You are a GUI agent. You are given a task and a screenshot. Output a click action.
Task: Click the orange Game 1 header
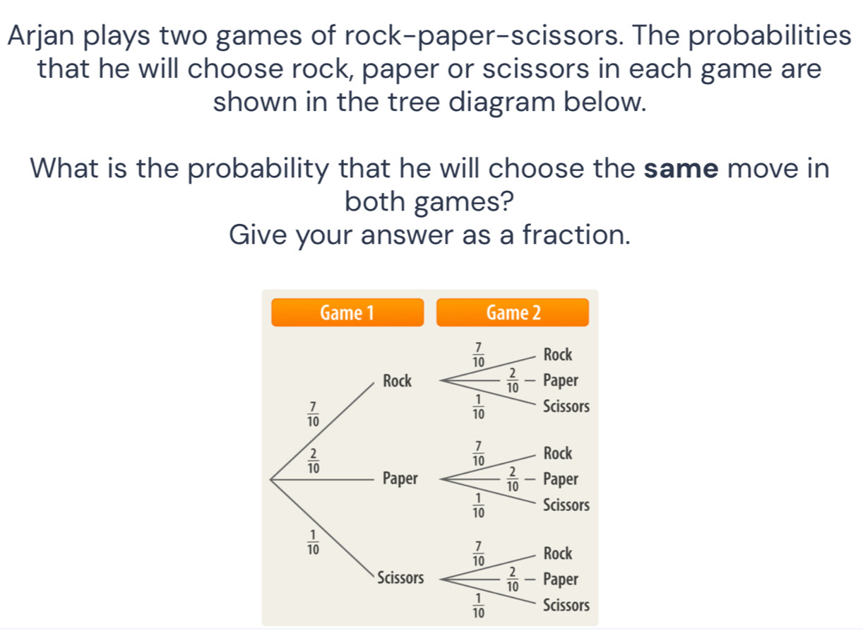point(347,312)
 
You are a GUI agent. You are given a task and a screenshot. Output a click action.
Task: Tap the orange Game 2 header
point(513,312)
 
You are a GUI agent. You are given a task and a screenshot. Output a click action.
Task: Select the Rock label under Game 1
point(396,381)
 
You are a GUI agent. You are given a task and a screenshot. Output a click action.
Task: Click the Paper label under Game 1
point(400,479)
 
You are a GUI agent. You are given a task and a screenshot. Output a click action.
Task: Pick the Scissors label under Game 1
point(400,578)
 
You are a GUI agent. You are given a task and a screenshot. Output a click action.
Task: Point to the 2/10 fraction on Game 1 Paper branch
point(312,460)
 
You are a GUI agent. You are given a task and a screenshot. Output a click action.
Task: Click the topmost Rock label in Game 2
point(558,353)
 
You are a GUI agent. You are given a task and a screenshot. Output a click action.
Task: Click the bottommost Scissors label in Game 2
point(566,606)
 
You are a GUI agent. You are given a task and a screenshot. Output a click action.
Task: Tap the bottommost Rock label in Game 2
point(558,551)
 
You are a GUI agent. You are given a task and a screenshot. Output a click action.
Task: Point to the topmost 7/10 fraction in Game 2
point(478,353)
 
